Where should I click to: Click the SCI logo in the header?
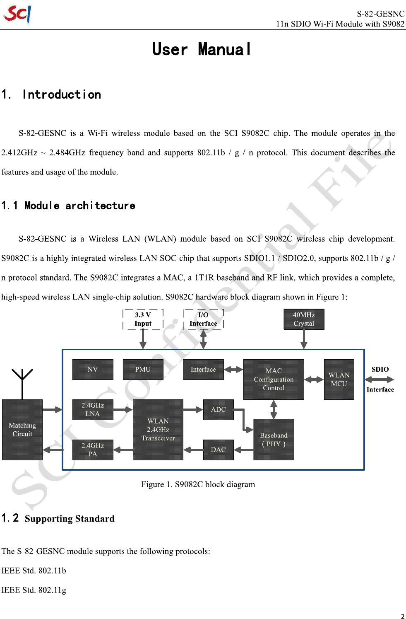point(17,14)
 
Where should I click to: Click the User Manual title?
point(202,50)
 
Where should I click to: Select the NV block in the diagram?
point(93,369)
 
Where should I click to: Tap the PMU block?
point(143,369)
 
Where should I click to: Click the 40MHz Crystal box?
point(304,319)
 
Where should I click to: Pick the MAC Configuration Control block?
point(274,380)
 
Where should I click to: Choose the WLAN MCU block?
point(339,380)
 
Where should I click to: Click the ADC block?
point(219,410)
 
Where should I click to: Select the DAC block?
point(219,450)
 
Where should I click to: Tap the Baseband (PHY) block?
point(274,440)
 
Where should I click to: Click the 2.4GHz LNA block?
point(93,410)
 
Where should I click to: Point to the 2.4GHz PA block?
point(93,450)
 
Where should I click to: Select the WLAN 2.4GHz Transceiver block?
point(158,430)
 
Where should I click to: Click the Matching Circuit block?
point(22,430)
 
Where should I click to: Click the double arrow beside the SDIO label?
point(380,380)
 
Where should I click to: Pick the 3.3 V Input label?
point(143,319)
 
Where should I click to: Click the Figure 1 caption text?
point(198,484)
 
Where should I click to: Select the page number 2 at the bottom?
point(402,616)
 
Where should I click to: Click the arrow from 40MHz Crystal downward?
point(304,340)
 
